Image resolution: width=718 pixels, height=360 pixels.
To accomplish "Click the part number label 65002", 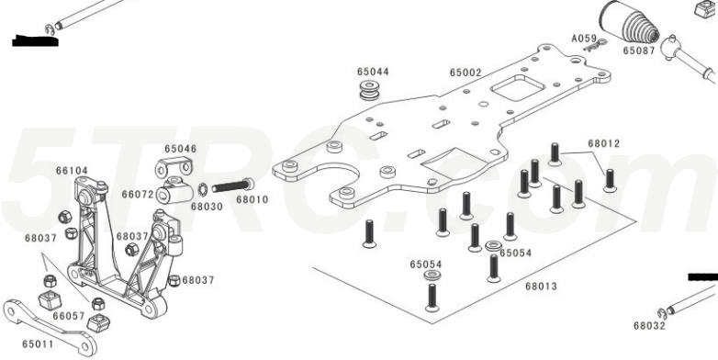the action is pyautogui.click(x=466, y=73).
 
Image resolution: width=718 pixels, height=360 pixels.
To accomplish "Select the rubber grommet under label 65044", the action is pyautogui.click(x=369, y=90).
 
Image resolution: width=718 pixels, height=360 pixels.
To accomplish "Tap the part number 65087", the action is pyautogui.click(x=639, y=51).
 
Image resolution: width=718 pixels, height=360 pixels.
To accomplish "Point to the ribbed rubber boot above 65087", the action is pyautogui.click(x=629, y=23).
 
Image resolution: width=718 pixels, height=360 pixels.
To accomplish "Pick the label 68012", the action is pyautogui.click(x=603, y=143).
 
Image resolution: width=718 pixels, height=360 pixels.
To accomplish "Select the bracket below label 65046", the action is pyautogui.click(x=174, y=167).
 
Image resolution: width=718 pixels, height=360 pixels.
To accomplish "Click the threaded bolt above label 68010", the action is pyautogui.click(x=233, y=186).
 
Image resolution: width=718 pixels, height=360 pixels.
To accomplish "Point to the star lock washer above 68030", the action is pyautogui.click(x=202, y=188).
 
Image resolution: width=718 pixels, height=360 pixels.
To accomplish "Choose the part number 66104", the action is pyautogui.click(x=72, y=171).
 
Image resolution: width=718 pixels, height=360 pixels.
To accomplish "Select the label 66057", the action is pyautogui.click(x=69, y=316).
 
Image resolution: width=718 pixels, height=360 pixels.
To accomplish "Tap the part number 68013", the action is pyautogui.click(x=541, y=287).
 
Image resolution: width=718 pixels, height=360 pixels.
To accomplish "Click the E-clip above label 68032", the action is pyautogui.click(x=661, y=314).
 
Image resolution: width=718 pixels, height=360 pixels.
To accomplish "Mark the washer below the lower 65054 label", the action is pyautogui.click(x=432, y=275).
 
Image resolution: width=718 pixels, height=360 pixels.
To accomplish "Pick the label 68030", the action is pyautogui.click(x=207, y=207).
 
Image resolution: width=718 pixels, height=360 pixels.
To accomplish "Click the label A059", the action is pyautogui.click(x=584, y=39).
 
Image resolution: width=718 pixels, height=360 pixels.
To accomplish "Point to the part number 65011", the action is pyautogui.click(x=38, y=344).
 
